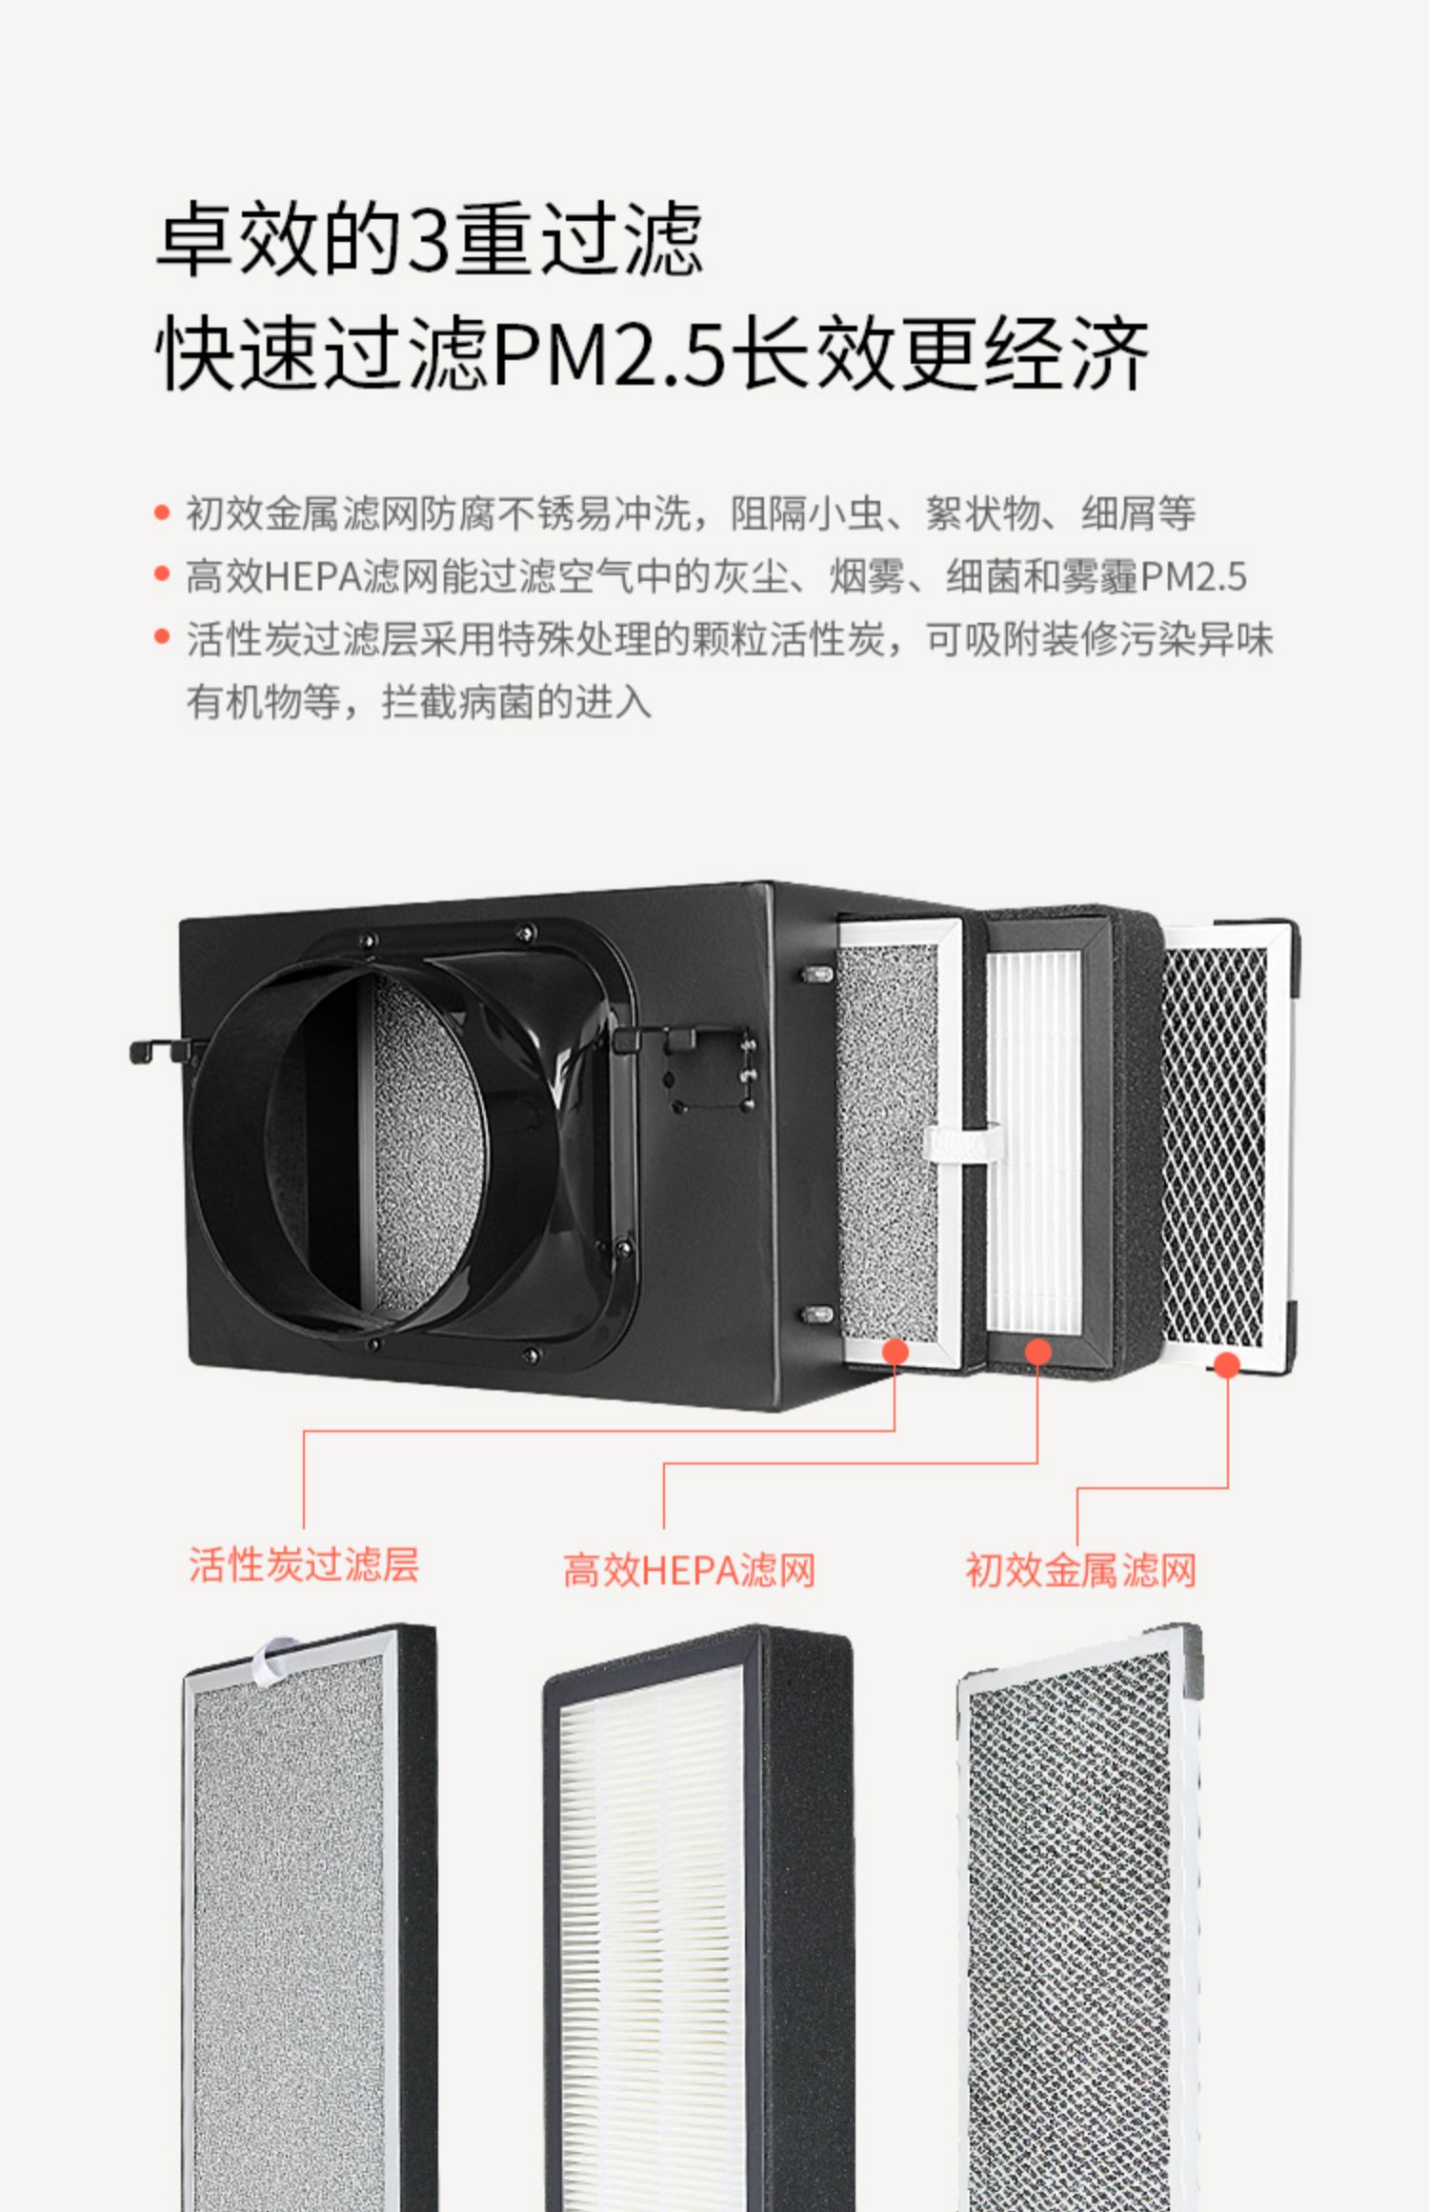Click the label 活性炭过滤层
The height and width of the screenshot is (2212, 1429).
pos(304,1564)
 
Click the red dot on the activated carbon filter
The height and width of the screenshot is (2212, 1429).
pos(896,1352)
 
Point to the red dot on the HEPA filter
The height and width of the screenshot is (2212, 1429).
pos(1037,1352)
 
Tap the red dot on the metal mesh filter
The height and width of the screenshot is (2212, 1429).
pos(1227,1365)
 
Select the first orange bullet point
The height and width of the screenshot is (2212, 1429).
pos(162,513)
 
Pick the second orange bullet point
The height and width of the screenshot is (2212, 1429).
pos(162,575)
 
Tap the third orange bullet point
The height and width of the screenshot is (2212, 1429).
pos(162,637)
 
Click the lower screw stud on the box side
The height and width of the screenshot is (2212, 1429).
pos(816,1315)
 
